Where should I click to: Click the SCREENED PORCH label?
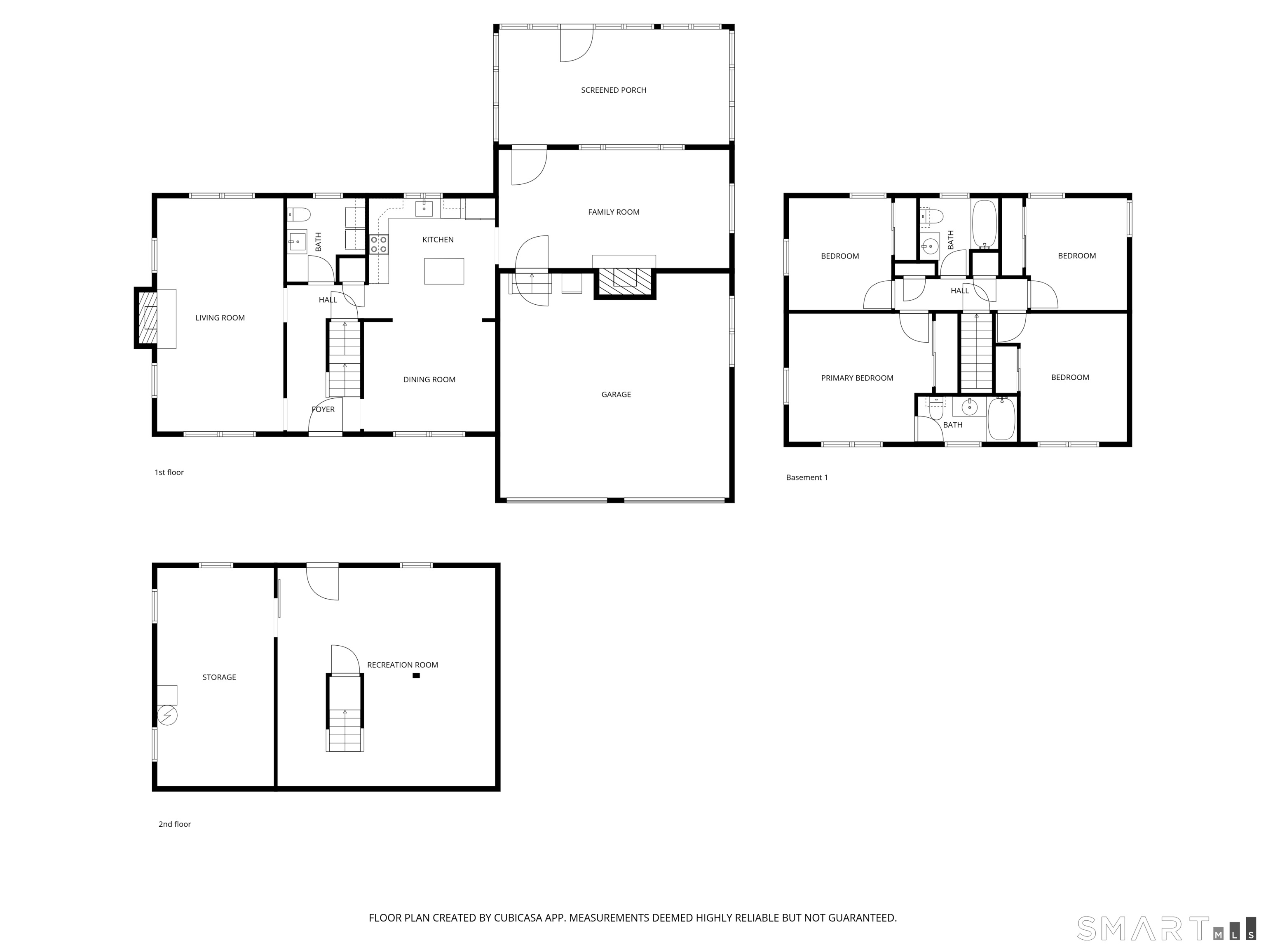(614, 90)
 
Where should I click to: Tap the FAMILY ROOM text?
(614, 212)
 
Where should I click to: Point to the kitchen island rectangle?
(443, 271)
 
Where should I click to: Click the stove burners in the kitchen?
(378, 245)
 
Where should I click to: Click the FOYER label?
(323, 409)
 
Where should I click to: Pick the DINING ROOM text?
(429, 380)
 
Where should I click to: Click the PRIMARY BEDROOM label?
(857, 378)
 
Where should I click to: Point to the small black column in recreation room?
(416, 676)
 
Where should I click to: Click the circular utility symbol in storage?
(168, 715)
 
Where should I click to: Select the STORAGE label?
(219, 677)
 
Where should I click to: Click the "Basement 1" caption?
(806, 477)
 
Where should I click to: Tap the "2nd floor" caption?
(175, 824)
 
